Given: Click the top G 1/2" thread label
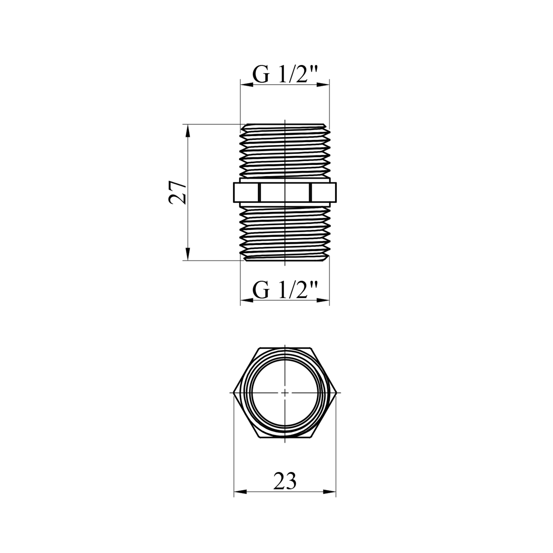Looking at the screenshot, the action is coord(285,75).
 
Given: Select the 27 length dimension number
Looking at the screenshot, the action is coord(177,192).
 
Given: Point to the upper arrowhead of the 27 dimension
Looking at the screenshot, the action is coord(188,131).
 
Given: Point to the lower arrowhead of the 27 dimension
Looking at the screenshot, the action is coord(188,253).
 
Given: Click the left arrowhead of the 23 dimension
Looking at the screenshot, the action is coord(240,491).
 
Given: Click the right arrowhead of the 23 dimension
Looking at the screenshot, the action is coord(330,491).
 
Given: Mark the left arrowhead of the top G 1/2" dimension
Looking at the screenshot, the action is coord(247,84).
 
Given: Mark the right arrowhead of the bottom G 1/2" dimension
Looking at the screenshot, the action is coord(323,300).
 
